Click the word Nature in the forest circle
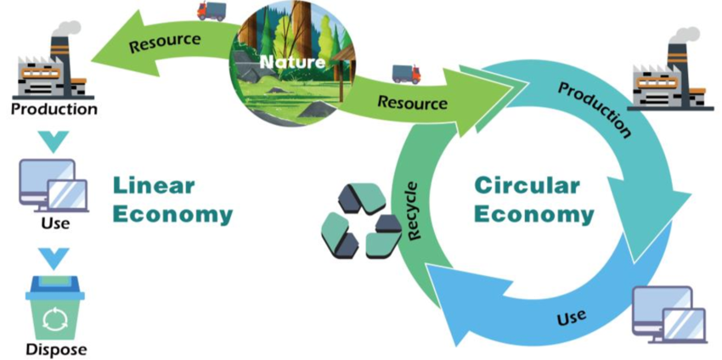tap(292, 62)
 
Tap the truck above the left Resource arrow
tap(212, 11)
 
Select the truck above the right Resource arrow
tap(406, 74)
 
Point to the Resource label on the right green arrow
tap(412, 103)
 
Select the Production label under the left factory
tap(54, 109)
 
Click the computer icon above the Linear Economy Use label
tap(54, 184)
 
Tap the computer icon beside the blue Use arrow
tap(669, 314)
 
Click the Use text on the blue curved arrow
tap(571, 319)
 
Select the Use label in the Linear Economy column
tap(54, 224)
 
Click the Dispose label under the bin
tap(56, 349)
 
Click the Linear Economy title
tap(172, 200)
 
